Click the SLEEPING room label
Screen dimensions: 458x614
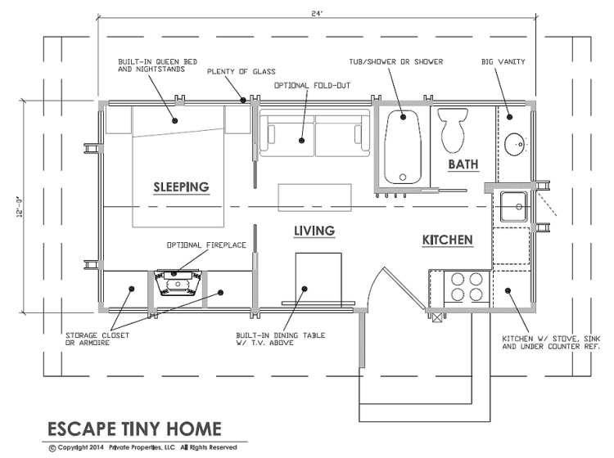click(181, 187)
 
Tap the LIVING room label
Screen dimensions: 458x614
click(314, 231)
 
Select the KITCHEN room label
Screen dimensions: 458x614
click(447, 240)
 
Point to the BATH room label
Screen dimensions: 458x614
click(463, 164)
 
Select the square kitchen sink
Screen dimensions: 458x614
click(512, 205)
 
